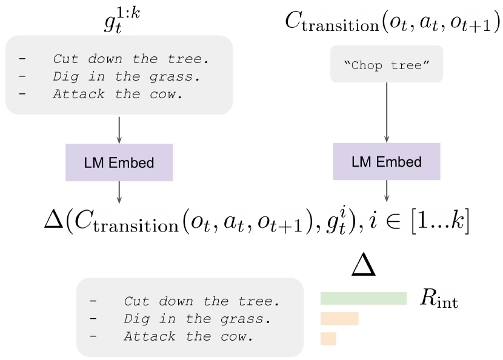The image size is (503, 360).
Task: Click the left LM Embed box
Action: [x=119, y=162]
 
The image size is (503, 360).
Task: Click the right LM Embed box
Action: [x=386, y=161]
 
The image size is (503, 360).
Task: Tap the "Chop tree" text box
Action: [x=386, y=64]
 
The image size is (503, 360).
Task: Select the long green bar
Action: [x=363, y=298]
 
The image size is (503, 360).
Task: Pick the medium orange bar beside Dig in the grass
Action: [x=339, y=319]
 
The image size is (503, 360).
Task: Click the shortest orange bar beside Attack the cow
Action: [x=328, y=338]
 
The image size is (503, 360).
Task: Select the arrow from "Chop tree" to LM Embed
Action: [x=386, y=112]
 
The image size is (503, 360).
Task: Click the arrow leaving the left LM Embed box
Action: [x=119, y=193]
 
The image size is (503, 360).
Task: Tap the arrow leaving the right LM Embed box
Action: [x=386, y=191]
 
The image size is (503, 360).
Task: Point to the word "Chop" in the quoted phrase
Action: [x=366, y=65]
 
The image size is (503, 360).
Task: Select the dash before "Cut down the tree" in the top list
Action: [x=22, y=59]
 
